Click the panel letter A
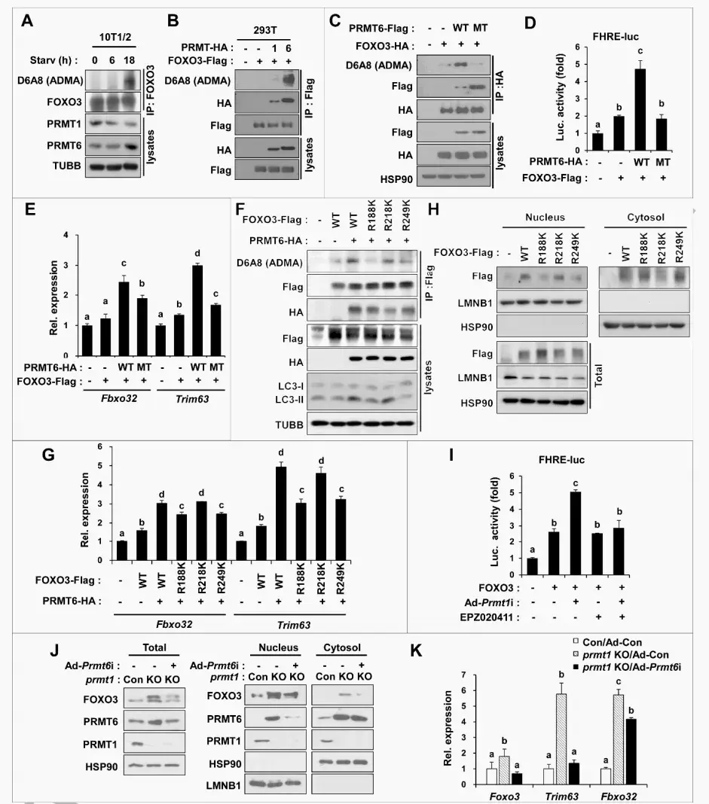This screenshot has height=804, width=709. pyautogui.click(x=26, y=20)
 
